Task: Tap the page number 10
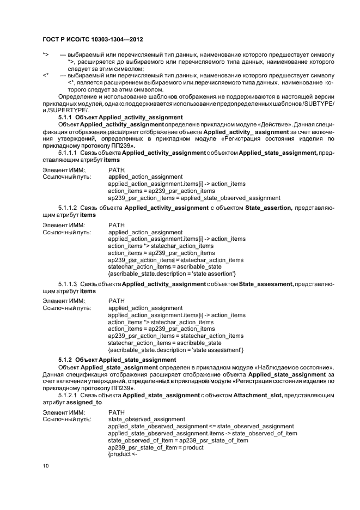(x=46, y=466)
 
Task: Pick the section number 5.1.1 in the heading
(x=66, y=118)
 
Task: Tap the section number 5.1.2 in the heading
(x=66, y=361)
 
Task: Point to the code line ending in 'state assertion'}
(x=172, y=274)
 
